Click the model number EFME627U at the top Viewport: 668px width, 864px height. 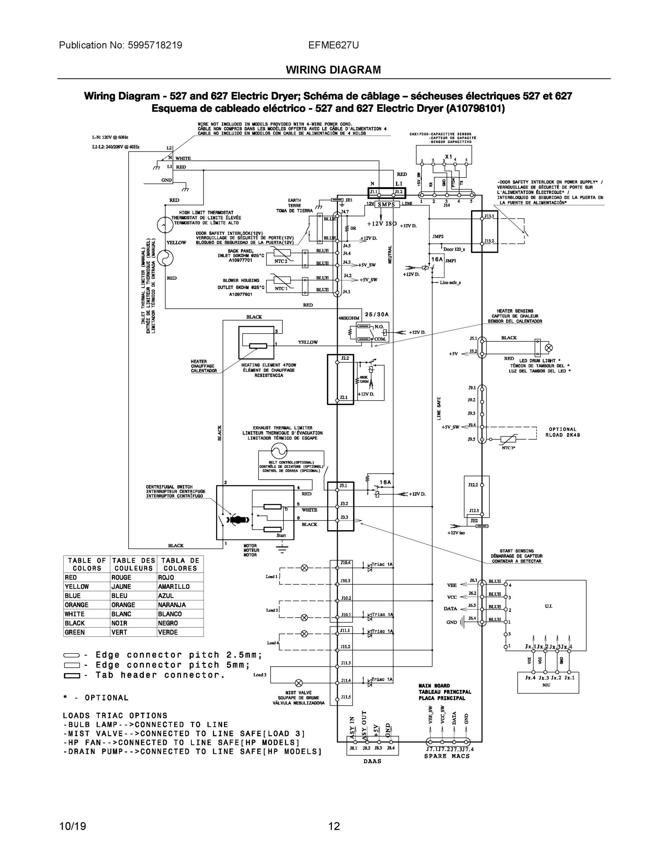pyautogui.click(x=333, y=45)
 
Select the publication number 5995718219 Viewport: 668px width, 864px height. pyautogui.click(x=155, y=45)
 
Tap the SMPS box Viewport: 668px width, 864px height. pyautogui.click(x=386, y=204)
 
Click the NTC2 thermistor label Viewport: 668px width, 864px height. pyautogui.click(x=281, y=261)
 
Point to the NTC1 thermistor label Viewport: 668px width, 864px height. pyautogui.click(x=281, y=288)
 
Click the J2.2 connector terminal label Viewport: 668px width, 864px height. pyautogui.click(x=345, y=358)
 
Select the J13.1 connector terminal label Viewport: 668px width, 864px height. pyautogui.click(x=489, y=216)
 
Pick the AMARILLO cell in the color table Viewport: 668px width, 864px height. pyautogui.click(x=174, y=587)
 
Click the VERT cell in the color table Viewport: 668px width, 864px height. pyautogui.click(x=119, y=632)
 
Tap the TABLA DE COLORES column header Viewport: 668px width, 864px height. pyautogui.click(x=180, y=564)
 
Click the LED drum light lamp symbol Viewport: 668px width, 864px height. pyautogui.click(x=549, y=348)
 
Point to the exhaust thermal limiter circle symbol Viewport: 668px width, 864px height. pyautogui.click(x=279, y=450)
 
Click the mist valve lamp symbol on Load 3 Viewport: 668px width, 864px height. pyautogui.click(x=299, y=683)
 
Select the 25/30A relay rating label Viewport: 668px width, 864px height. pyautogui.click(x=377, y=315)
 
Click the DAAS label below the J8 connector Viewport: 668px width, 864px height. pyautogui.click(x=372, y=761)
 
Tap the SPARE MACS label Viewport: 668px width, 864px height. pyautogui.click(x=447, y=756)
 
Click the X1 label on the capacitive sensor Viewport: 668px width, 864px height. pyautogui.click(x=448, y=157)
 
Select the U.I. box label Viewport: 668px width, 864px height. pyautogui.click(x=548, y=606)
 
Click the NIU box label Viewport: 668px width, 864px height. pyautogui.click(x=546, y=685)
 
